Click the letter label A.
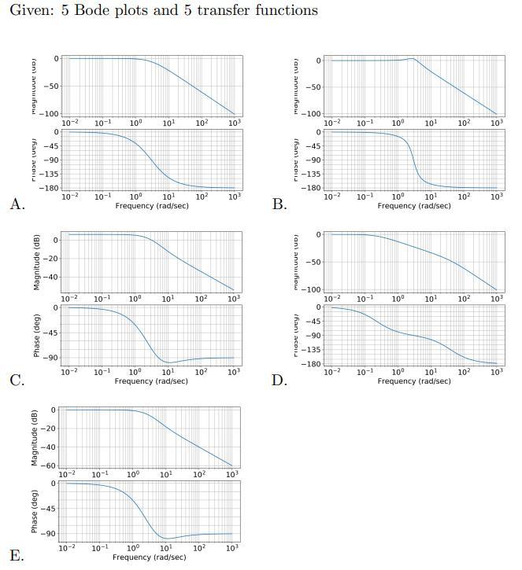[x=17, y=204]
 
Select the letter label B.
[x=279, y=204]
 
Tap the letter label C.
[x=17, y=381]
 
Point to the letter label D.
[x=279, y=381]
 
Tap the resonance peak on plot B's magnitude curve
[x=413, y=58]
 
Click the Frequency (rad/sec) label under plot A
[x=151, y=206]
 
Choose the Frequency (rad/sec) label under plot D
[x=414, y=381]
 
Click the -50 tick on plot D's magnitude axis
[x=314, y=262]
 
